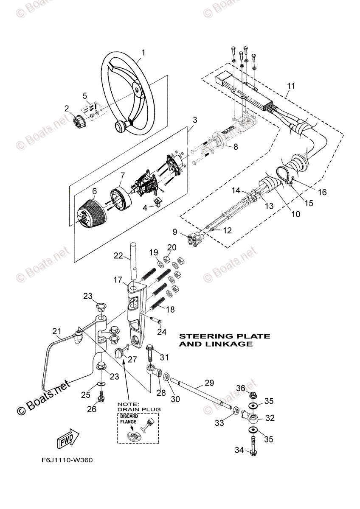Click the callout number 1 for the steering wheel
[x=143, y=53]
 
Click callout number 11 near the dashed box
[x=290, y=86]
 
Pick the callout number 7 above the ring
[x=122, y=175]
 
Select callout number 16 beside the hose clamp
[x=323, y=192]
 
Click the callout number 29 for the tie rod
[x=209, y=383]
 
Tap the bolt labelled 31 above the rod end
[x=151, y=353]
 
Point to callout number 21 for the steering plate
[x=56, y=331]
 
